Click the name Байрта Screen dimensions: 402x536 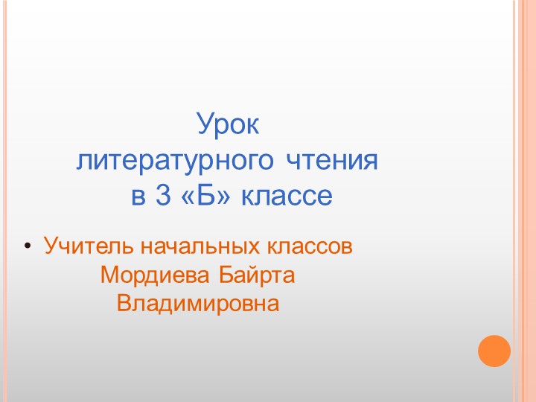[257, 275]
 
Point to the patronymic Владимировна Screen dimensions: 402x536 [198, 304]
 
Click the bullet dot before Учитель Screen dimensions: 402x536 [28, 246]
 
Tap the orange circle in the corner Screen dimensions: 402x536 [494, 351]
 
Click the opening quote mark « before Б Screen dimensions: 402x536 [185, 197]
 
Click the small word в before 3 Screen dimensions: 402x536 [138, 197]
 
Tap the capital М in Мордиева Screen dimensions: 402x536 [109, 275]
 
